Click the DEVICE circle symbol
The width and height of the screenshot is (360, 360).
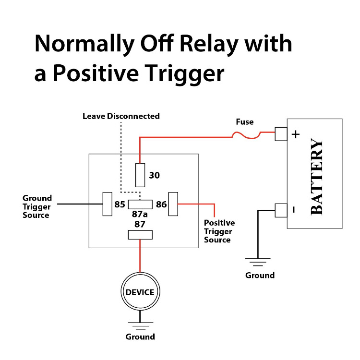click(x=140, y=292)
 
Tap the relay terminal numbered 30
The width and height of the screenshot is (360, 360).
click(x=140, y=175)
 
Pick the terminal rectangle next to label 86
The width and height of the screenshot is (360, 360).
click(x=173, y=204)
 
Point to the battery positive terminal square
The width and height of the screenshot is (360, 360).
click(x=281, y=134)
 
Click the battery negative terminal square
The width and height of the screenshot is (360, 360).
click(x=281, y=210)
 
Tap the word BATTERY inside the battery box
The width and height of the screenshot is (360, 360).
click(x=317, y=177)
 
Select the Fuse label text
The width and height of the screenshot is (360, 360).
click(x=244, y=122)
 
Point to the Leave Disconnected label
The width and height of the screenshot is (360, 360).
click(x=121, y=116)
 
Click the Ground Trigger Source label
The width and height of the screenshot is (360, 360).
click(x=37, y=207)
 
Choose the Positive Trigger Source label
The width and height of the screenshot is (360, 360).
click(x=219, y=231)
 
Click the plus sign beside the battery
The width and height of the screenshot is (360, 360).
click(x=296, y=134)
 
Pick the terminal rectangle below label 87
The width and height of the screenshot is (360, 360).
click(x=140, y=235)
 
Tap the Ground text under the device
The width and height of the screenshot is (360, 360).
click(x=140, y=336)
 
